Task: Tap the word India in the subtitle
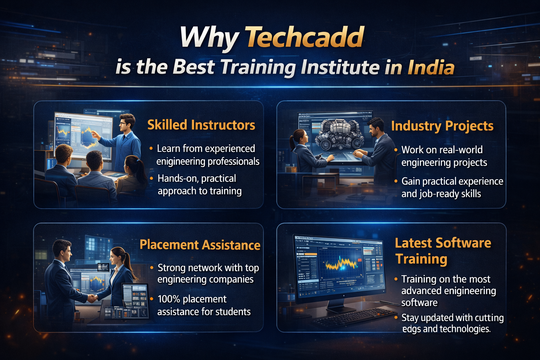point(431,67)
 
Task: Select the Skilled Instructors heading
point(201,125)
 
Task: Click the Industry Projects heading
point(442,126)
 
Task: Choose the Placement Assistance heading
point(200,245)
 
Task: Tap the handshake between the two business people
point(92,298)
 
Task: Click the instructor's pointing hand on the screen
point(94,134)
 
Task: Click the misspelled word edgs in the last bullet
point(411,329)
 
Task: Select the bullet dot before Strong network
point(152,268)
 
